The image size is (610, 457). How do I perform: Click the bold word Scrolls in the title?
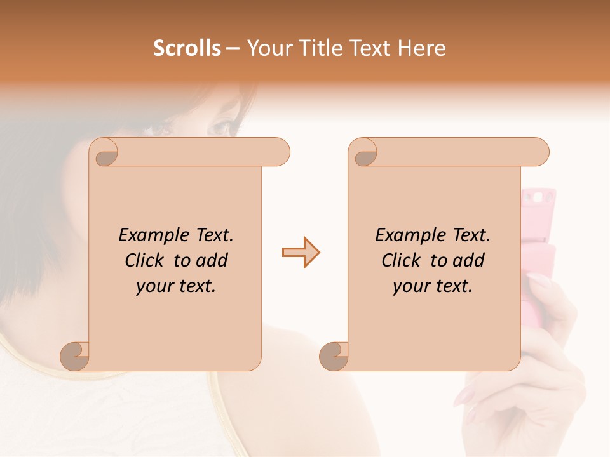(187, 48)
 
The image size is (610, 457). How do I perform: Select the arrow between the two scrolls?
(301, 253)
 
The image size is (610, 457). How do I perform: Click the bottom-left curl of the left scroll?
(74, 356)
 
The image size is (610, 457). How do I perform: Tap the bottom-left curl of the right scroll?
(334, 356)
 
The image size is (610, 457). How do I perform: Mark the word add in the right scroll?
(469, 260)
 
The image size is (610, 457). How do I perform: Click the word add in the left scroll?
(212, 260)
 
